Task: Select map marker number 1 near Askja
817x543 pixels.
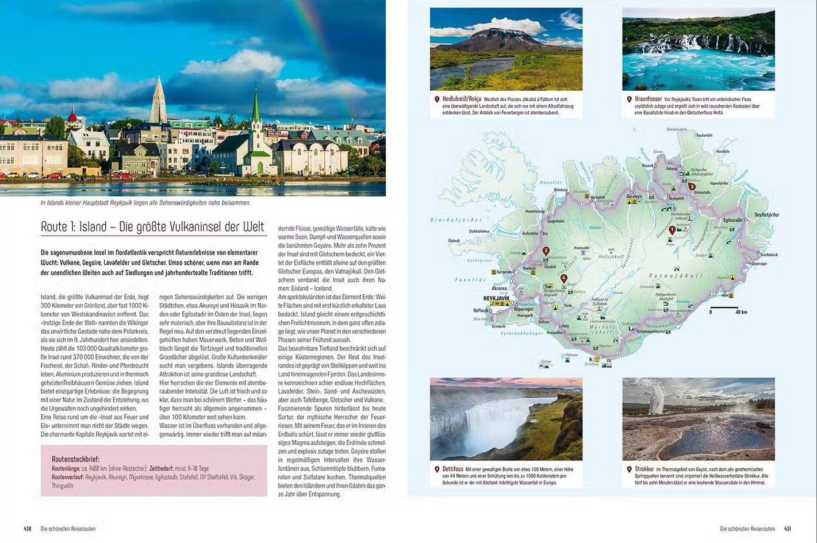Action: (672, 230)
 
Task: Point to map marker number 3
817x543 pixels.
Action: (692, 186)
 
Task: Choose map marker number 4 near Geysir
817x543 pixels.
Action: (564, 278)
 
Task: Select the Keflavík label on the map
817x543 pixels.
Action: (481, 310)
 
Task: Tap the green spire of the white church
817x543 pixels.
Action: (256, 108)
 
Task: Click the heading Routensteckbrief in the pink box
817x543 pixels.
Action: (75, 459)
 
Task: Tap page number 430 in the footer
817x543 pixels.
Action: (27, 529)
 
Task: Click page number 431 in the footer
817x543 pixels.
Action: (788, 529)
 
